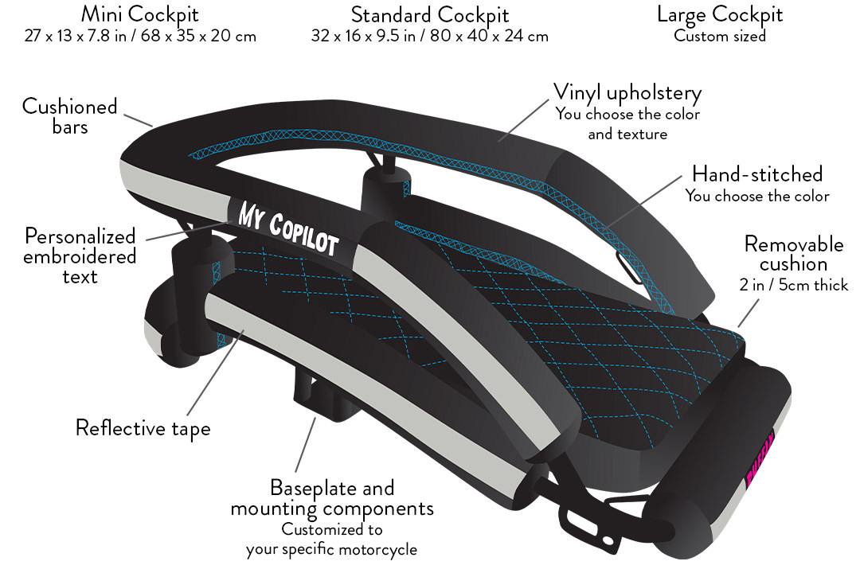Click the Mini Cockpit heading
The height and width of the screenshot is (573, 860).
coord(140,14)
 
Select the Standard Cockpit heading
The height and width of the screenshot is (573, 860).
coord(430,14)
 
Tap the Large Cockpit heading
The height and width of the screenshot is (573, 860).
coord(720,14)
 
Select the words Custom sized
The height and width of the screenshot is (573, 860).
coord(720,36)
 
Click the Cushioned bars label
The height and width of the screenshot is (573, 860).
coord(69,116)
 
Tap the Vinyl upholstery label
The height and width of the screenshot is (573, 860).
coord(627,92)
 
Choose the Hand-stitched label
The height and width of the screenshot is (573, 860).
coord(756,173)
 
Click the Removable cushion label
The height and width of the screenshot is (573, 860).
coord(793,253)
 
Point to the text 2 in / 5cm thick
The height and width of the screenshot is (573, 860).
coord(794,285)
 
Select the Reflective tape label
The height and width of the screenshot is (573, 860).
coord(143,428)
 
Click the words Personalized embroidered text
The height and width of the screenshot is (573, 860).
coord(80,256)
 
